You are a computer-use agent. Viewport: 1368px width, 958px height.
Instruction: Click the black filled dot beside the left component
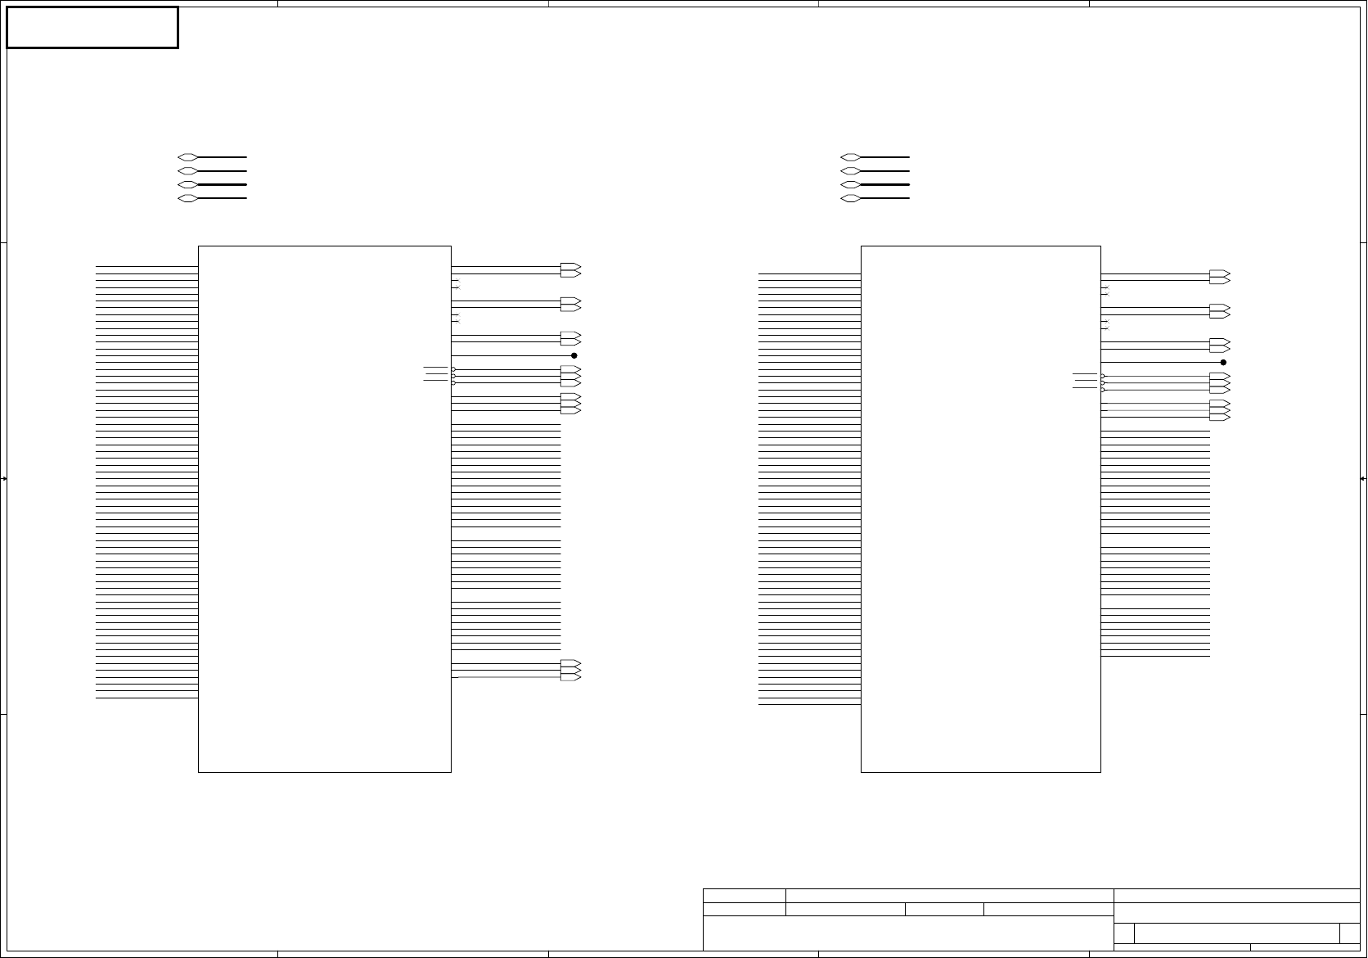[x=574, y=355]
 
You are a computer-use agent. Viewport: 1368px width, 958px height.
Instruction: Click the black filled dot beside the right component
[x=1223, y=362]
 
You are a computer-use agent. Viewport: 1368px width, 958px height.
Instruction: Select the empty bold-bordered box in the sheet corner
[x=92, y=28]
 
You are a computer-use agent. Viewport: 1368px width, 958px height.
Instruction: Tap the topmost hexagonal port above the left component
[x=187, y=156]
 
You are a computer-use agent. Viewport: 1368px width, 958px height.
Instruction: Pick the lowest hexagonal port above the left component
[x=187, y=198]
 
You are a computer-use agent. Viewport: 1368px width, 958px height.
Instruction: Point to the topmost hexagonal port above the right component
[x=850, y=156]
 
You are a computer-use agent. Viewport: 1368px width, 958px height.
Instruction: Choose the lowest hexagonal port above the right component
[x=850, y=198]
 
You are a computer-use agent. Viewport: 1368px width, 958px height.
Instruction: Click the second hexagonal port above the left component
[x=187, y=170]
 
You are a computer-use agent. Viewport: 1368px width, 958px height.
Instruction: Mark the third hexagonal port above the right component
[x=850, y=184]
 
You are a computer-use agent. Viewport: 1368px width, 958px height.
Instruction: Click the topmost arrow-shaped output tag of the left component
[x=570, y=266]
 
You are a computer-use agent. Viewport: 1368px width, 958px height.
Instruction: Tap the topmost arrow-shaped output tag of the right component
[x=1219, y=273]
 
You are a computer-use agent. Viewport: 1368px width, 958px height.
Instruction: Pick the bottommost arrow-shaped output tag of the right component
[x=1219, y=418]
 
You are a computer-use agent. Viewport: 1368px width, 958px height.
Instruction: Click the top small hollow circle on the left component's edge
[x=453, y=369]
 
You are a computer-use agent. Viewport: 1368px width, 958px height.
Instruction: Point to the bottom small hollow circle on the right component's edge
[x=1102, y=390]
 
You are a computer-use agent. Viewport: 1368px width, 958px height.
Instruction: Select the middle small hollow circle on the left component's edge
[x=453, y=376]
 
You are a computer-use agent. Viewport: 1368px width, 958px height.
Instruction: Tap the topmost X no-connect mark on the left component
[x=458, y=282]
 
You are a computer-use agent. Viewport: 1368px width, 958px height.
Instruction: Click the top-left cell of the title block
[x=744, y=896]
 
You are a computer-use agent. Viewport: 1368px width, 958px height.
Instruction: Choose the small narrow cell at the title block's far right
[x=1349, y=933]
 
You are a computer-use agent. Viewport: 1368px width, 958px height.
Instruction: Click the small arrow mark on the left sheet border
[x=4, y=478]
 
